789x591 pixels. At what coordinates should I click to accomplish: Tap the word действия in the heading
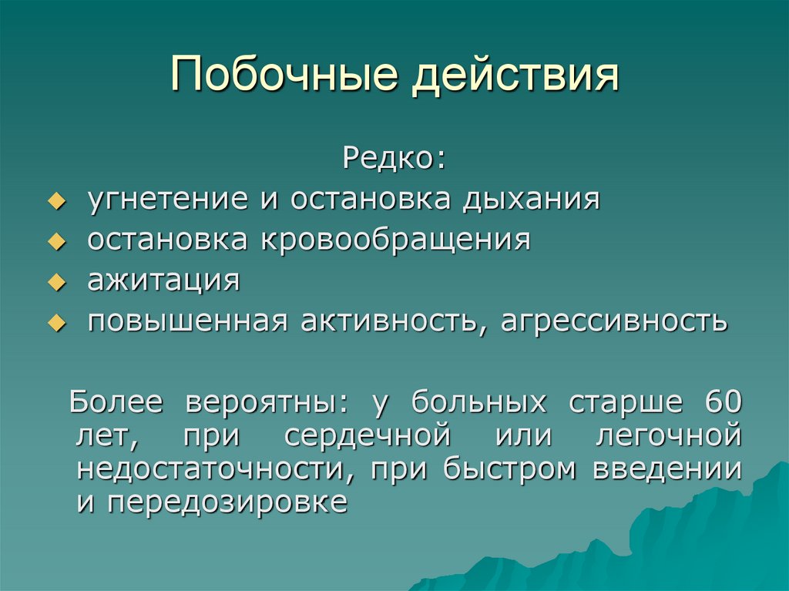515,76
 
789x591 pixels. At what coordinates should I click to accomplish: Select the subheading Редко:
394,160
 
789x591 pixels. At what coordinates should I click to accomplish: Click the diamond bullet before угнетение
55,202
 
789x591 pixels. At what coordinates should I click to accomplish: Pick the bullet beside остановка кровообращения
55,242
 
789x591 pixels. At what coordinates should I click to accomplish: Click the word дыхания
531,200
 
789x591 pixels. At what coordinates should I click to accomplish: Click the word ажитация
163,280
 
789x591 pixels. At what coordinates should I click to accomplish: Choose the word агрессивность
613,321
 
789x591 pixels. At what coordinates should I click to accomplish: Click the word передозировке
228,503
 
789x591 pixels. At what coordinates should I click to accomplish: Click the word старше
625,402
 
